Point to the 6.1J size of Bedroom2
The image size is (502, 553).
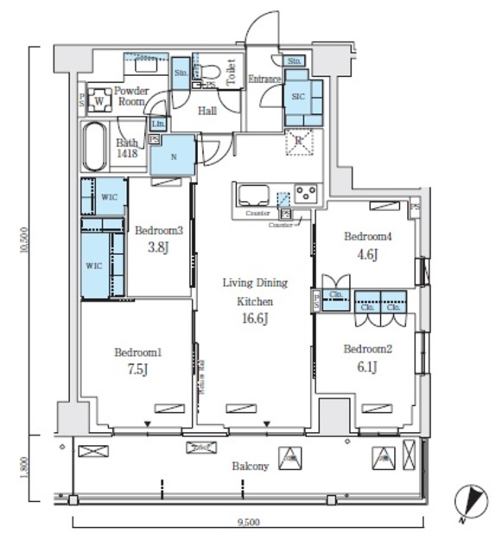pyautogui.click(x=366, y=366)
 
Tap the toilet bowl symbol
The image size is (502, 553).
pyautogui.click(x=212, y=73)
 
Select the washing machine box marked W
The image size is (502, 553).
pyautogui.click(x=100, y=99)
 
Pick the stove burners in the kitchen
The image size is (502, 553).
pyautogui.click(x=305, y=193)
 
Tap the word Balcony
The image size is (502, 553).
pyautogui.click(x=250, y=467)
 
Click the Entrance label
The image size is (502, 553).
pyautogui.click(x=265, y=80)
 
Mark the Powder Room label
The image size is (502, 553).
pyautogui.click(x=130, y=96)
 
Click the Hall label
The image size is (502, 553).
pyautogui.click(x=207, y=111)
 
